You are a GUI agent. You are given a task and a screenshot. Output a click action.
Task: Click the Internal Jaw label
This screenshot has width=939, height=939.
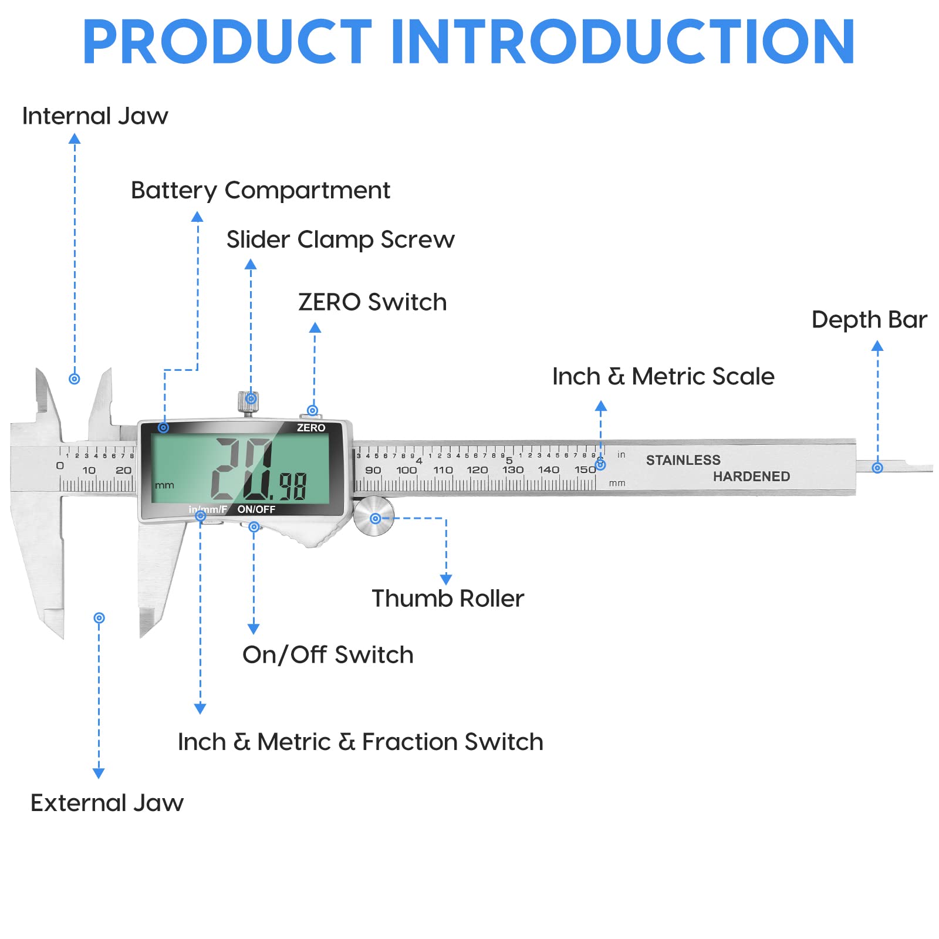click(95, 116)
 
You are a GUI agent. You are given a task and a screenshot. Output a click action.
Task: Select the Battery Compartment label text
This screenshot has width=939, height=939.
click(260, 191)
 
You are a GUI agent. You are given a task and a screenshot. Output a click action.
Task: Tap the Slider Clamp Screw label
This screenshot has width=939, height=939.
click(340, 240)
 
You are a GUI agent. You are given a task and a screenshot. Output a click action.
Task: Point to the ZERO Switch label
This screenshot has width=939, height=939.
click(372, 302)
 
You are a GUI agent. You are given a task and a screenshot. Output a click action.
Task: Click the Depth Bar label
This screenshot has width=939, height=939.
click(869, 320)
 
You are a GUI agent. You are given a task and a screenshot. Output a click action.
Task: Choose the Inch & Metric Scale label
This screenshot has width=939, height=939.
click(663, 377)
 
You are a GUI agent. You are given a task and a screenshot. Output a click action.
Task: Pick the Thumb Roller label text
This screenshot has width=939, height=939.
click(448, 599)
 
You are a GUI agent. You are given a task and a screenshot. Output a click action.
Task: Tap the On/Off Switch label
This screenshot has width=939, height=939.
click(327, 655)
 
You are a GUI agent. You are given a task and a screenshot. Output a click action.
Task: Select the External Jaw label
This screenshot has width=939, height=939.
click(107, 803)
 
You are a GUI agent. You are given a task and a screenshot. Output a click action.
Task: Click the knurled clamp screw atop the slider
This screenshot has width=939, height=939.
click(248, 402)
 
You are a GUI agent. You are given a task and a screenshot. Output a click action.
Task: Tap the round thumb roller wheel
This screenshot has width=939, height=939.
click(374, 516)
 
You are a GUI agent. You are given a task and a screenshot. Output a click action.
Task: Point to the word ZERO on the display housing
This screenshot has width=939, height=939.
click(310, 428)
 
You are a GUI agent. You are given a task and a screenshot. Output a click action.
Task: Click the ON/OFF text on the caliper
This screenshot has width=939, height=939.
click(256, 509)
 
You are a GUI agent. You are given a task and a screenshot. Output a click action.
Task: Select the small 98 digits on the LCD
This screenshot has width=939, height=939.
click(292, 486)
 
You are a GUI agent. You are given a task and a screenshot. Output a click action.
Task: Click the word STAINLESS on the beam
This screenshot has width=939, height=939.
click(683, 460)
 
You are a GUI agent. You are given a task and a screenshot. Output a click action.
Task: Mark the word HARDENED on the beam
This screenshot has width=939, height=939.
click(751, 477)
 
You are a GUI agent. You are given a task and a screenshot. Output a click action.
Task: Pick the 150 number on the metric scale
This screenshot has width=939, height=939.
click(585, 469)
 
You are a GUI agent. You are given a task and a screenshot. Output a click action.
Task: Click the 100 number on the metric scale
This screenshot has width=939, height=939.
click(406, 470)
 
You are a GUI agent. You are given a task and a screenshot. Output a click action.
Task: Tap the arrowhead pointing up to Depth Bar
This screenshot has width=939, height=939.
click(877, 346)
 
